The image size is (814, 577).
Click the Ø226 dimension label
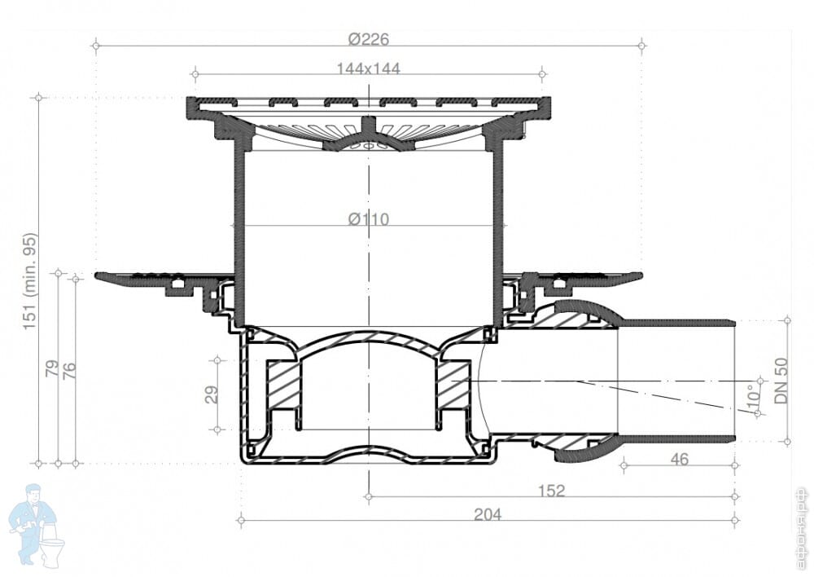[x=369, y=39]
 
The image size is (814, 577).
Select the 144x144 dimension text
[x=369, y=68]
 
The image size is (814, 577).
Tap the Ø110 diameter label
[x=369, y=219]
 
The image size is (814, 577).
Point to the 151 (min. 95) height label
[x=30, y=281]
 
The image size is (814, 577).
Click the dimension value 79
[x=52, y=368]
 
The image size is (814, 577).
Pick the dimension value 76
[x=69, y=370]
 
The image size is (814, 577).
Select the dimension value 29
[x=212, y=394]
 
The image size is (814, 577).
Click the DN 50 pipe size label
[x=781, y=381]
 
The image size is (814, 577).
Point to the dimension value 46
[x=679, y=459]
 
